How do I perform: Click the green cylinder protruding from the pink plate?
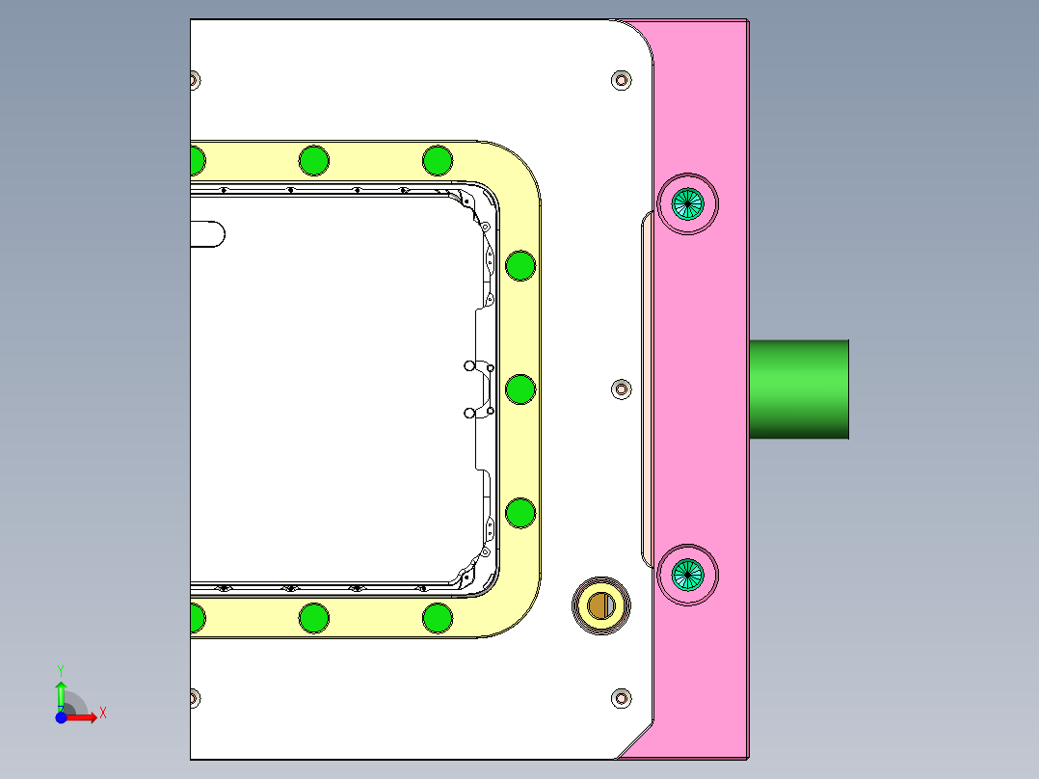[799, 389]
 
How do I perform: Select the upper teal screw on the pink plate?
[687, 202]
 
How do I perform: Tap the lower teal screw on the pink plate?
[688, 575]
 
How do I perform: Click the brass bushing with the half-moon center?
[600, 605]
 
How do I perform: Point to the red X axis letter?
[103, 713]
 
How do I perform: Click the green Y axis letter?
[60, 669]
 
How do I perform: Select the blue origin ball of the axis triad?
[61, 718]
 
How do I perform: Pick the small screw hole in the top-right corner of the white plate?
[622, 79]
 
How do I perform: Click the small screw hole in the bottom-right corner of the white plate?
[622, 697]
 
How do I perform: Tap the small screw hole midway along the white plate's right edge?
[622, 389]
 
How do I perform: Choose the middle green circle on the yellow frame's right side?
[520, 389]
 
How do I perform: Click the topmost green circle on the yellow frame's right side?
[520, 264]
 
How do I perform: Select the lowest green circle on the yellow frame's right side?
[520, 513]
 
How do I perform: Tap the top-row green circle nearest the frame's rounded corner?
[437, 160]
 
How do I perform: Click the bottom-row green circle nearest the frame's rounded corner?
[437, 617]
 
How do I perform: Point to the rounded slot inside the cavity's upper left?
[206, 233]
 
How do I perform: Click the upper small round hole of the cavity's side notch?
[469, 366]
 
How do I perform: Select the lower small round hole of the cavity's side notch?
[469, 413]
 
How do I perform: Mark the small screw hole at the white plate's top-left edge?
[195, 79]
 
